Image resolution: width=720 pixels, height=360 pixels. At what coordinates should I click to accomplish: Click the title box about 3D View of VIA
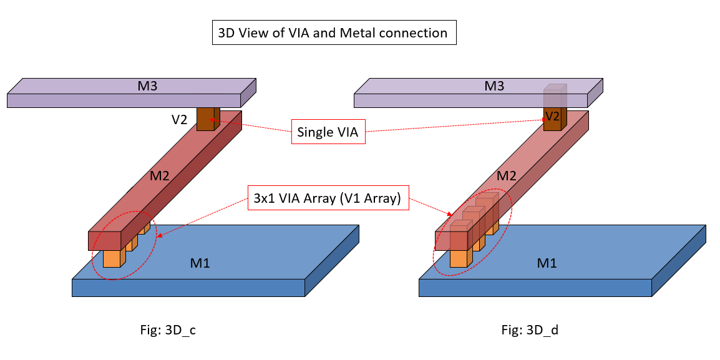coord(334,33)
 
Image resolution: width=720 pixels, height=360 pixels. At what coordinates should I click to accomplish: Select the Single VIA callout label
coord(328,132)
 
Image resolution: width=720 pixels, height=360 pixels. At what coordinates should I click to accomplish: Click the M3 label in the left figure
coord(148,85)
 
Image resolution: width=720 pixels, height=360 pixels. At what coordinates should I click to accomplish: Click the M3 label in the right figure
coord(494,85)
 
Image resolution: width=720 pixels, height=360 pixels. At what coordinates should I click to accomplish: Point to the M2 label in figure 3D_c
coord(160,177)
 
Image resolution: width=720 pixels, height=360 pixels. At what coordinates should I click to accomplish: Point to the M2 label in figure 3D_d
coord(507,177)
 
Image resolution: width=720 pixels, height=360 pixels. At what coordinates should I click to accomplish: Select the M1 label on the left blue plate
coord(200,263)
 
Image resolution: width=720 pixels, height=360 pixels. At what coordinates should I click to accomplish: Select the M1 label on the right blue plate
coord(547,263)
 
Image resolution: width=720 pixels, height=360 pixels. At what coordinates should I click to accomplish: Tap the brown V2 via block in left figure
coord(205,119)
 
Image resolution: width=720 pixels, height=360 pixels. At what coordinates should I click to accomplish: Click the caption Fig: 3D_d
coord(530,331)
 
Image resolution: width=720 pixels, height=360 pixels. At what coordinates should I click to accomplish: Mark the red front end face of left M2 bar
coord(104,240)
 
